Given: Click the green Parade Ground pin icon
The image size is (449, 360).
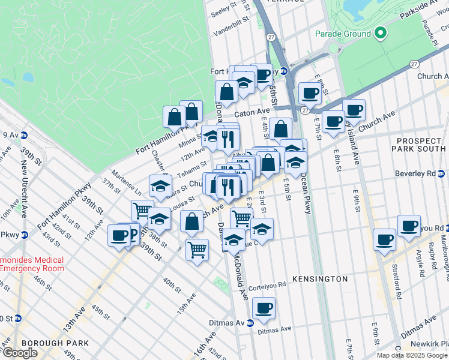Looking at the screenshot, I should tap(379, 34).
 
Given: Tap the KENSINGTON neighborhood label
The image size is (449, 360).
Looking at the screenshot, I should tap(320, 279).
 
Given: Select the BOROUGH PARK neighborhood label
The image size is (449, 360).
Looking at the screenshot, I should tap(55, 343).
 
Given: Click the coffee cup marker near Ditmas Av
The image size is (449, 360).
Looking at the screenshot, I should tap(264, 309).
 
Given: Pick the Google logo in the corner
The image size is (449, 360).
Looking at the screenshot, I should tap(20, 353).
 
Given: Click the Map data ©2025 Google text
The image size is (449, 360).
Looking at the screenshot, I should tap(412, 355).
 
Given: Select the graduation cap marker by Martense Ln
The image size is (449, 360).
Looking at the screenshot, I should tap(160, 187).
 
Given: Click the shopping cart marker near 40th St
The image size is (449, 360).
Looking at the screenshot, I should tap(197, 250).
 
